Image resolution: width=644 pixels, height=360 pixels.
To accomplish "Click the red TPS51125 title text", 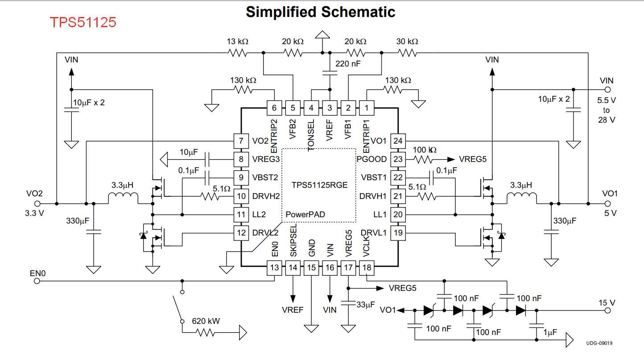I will click(x=83, y=22).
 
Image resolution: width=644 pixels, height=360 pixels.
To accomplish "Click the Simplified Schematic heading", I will click(x=320, y=12).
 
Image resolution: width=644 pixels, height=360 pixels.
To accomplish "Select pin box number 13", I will click(x=274, y=268).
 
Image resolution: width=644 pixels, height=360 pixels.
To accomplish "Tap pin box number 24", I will click(x=398, y=141).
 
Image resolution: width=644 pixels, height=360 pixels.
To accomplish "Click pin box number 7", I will click(x=241, y=141).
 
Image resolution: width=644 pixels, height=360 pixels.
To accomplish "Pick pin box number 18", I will click(x=367, y=268).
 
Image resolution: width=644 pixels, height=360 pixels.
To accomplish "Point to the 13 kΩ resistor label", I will click(x=237, y=41).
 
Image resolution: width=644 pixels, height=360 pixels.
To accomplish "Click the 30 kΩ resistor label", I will click(x=407, y=41).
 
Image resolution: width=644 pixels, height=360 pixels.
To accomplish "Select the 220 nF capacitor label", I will click(x=348, y=64).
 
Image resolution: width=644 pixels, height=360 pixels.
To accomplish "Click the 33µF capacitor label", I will click(x=365, y=305).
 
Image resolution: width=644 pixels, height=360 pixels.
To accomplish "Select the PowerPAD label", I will click(x=305, y=215).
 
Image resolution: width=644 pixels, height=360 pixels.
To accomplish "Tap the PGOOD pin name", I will click(x=372, y=159).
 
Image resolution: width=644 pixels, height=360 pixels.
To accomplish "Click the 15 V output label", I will click(x=607, y=303).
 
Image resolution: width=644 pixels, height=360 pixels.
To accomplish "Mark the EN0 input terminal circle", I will click(x=37, y=281).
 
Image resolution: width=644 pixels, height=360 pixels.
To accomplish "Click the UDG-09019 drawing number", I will click(x=599, y=343).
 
